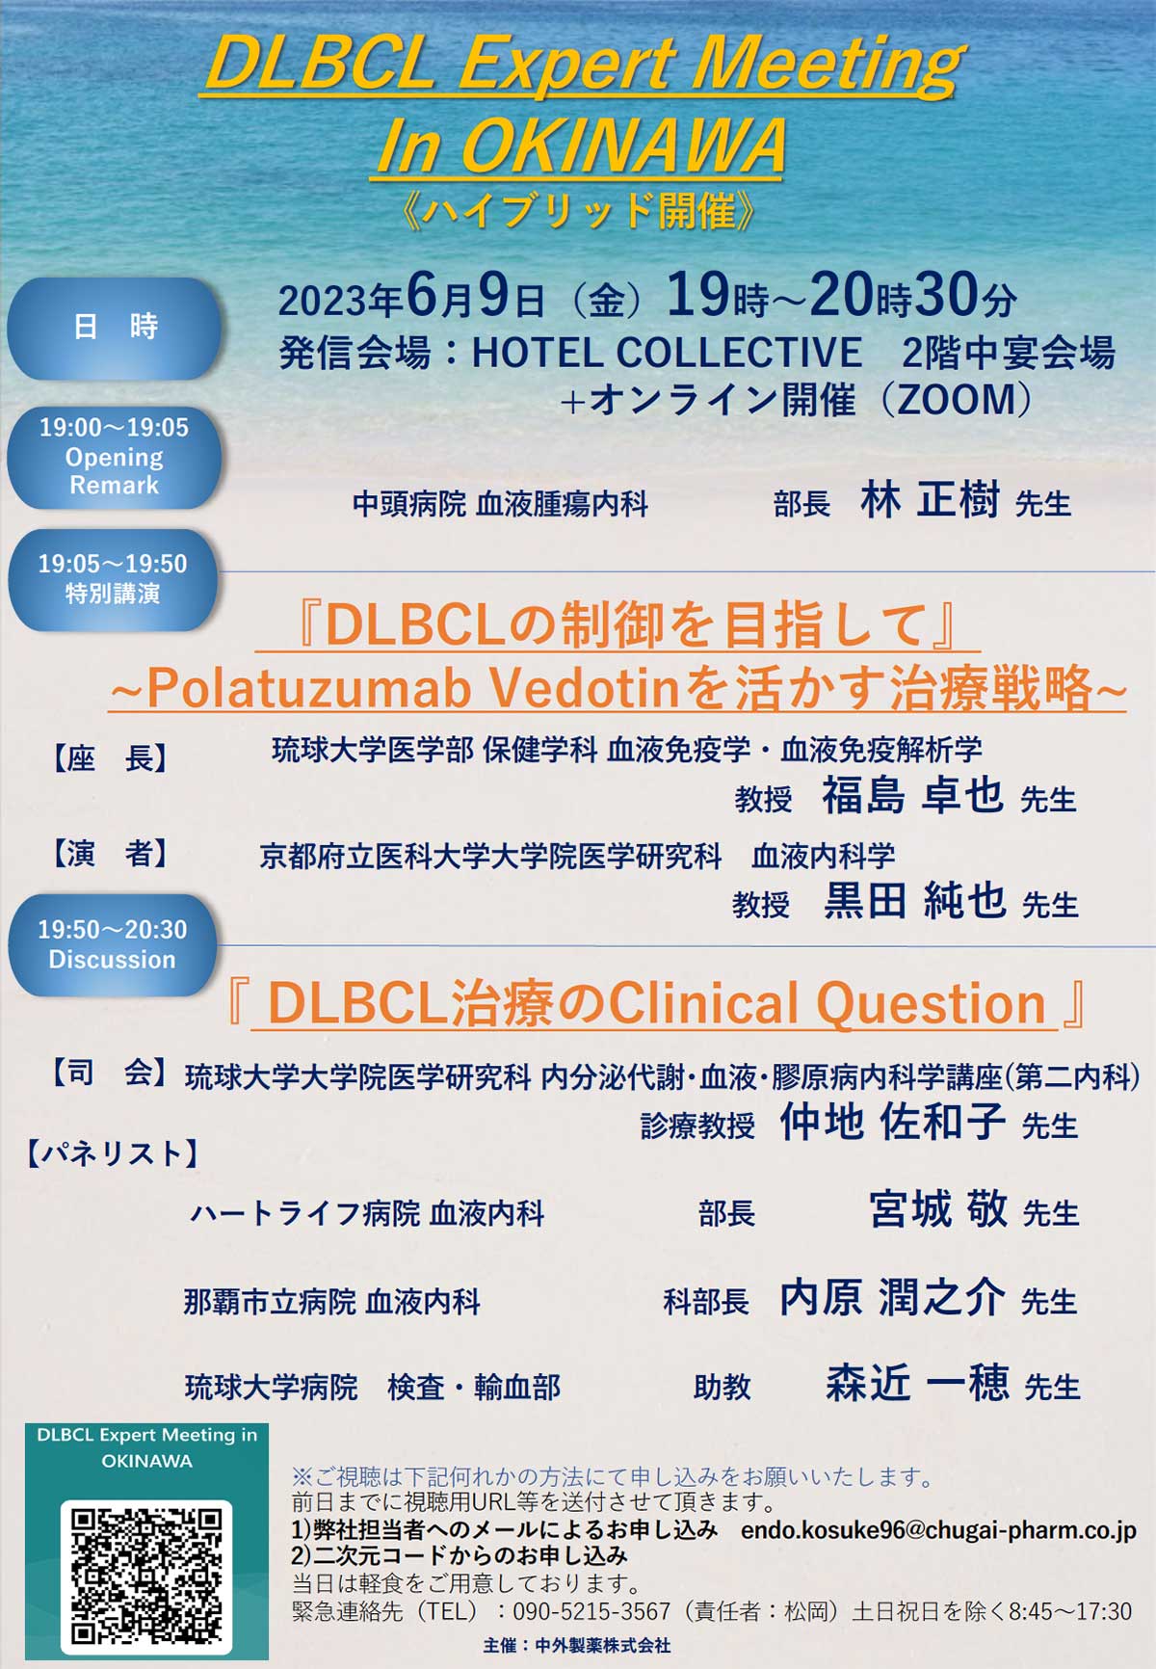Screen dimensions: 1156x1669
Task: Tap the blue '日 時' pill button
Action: pyautogui.click(x=115, y=328)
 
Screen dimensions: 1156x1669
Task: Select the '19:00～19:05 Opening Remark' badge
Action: pyautogui.click(x=114, y=457)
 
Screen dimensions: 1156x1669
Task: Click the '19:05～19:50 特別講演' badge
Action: pyautogui.click(x=113, y=579)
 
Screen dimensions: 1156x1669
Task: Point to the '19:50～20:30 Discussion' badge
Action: pyautogui.click(x=113, y=944)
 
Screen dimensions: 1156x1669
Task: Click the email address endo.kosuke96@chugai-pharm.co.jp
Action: pyautogui.click(x=938, y=1529)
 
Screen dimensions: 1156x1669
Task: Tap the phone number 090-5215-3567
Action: pyautogui.click(x=591, y=1611)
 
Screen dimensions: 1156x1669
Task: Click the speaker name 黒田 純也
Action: pyautogui.click(x=915, y=900)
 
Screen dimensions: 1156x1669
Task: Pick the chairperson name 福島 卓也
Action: pyautogui.click(x=912, y=795)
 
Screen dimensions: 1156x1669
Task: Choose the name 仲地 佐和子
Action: pyautogui.click(x=893, y=1121)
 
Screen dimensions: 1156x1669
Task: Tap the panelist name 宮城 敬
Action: pyautogui.click(x=938, y=1209)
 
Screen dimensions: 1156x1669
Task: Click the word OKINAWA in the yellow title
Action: pyautogui.click(x=624, y=146)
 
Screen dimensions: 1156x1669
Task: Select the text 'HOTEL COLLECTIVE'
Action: pyautogui.click(x=667, y=353)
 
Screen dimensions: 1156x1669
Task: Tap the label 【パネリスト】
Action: pyautogui.click(x=113, y=1153)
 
